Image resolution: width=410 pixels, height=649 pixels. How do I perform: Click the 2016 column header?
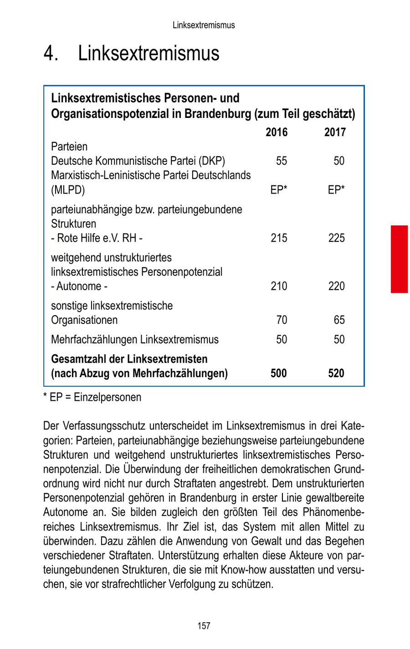pyautogui.click(x=277, y=133)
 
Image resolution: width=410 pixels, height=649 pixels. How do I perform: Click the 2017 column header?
pyautogui.click(x=335, y=133)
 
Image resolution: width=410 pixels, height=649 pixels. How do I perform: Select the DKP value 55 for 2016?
pyautogui.click(x=282, y=161)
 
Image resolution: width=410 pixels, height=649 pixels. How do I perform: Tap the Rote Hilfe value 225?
pyautogui.click(x=336, y=238)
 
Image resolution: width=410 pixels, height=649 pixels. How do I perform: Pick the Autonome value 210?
pyautogui.click(x=279, y=286)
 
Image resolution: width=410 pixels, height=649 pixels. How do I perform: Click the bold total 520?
pyautogui.click(x=336, y=373)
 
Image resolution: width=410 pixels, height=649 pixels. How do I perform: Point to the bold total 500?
pyautogui.click(x=279, y=373)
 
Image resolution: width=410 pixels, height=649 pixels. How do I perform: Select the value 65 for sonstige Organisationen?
pyautogui.click(x=339, y=320)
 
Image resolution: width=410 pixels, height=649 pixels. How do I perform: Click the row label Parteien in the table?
pyautogui.click(x=69, y=147)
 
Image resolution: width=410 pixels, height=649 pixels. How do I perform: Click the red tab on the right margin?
pyautogui.click(x=399, y=258)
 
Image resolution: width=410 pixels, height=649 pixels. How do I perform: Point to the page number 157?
pyautogui.click(x=204, y=626)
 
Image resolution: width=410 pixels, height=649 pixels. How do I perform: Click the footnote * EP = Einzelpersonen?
pyautogui.click(x=92, y=398)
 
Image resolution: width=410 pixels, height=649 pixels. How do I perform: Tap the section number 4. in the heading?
pyautogui.click(x=51, y=54)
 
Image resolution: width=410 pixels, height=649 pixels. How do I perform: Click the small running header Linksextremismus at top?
pyautogui.click(x=204, y=25)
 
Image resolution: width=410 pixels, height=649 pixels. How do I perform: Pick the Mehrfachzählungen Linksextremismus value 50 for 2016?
pyautogui.click(x=282, y=340)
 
